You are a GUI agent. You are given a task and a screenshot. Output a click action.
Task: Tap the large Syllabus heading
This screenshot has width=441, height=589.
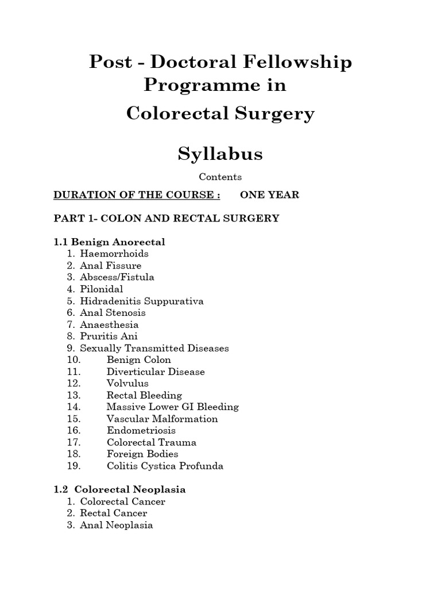(x=220, y=154)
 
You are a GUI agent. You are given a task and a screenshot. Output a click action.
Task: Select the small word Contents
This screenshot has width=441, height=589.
(x=220, y=177)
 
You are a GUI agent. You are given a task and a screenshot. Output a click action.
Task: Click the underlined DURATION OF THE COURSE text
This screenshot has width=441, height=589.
(x=137, y=195)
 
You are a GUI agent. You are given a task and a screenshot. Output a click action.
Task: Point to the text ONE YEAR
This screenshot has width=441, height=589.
(x=269, y=195)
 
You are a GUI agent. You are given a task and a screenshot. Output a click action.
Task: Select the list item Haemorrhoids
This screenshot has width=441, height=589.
(x=114, y=254)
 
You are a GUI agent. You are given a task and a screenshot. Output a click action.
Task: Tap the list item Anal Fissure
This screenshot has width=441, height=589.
(x=110, y=266)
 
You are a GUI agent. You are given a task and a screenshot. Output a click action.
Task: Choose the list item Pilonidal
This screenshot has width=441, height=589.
(x=102, y=289)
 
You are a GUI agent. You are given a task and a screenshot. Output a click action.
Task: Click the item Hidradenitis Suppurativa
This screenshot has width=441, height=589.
(x=142, y=301)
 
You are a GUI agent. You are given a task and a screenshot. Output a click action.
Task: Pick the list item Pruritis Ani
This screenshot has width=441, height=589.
(x=109, y=336)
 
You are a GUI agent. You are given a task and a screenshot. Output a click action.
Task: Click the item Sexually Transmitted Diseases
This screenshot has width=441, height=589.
(x=154, y=348)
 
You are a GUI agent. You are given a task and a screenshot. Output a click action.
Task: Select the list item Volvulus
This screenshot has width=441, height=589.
(x=127, y=383)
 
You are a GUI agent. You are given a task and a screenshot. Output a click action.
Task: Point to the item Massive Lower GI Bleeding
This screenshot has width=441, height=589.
(x=172, y=407)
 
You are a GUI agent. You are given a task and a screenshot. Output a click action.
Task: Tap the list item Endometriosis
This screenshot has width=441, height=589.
(x=141, y=430)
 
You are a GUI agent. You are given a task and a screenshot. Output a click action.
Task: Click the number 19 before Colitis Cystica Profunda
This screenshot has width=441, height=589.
(x=73, y=466)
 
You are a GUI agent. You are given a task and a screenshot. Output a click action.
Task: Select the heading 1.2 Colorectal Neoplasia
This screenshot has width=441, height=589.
(x=119, y=489)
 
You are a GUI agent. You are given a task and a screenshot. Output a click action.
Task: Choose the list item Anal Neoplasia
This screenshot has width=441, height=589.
(x=117, y=525)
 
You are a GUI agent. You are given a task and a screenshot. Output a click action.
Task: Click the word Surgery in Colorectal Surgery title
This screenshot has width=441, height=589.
(x=277, y=113)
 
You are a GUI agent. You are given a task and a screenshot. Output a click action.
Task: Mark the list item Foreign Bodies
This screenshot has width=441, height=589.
(x=142, y=454)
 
